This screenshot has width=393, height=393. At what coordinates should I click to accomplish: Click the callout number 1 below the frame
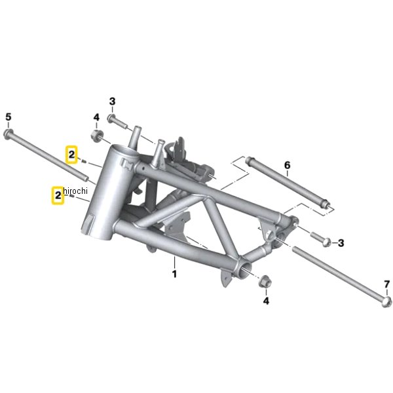(x=174, y=274)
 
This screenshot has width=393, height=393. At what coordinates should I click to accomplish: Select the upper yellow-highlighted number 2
(x=71, y=155)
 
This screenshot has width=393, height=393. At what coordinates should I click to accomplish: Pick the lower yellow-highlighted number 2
(x=58, y=195)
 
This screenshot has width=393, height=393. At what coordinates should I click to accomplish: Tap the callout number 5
(x=9, y=117)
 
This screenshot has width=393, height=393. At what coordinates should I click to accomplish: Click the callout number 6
(x=288, y=165)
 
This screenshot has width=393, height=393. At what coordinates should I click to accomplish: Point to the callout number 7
(x=387, y=284)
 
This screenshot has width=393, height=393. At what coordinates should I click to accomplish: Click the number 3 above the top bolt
(x=112, y=102)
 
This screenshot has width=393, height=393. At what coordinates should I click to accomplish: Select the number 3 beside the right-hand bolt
(x=341, y=243)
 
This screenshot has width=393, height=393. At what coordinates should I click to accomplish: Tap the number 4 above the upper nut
(x=96, y=117)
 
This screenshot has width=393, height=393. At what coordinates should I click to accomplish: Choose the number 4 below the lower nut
(x=266, y=301)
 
